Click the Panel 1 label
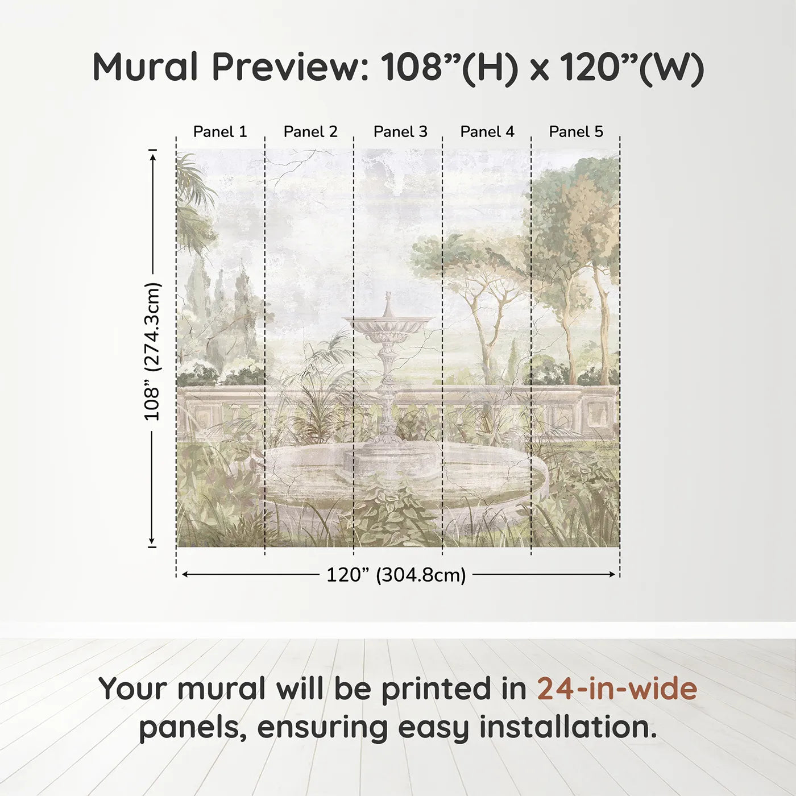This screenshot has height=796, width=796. coord(220,132)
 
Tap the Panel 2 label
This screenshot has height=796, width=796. coord(310,132)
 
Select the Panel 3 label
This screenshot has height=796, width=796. coord(400,132)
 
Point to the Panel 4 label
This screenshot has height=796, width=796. coord(487,132)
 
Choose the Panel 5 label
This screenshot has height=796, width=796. coord(576,132)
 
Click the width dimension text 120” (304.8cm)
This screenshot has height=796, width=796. coord(396,575)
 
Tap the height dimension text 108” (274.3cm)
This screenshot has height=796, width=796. coord(152,351)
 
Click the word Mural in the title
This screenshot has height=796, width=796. coord(145,67)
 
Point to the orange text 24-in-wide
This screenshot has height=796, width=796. coord(617,689)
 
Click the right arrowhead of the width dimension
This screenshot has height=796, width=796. coord(612,575)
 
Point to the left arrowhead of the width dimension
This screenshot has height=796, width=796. coord(184,575)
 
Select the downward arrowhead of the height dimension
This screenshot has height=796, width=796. coord(152,541)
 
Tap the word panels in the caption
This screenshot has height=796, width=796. coord(193,728)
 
